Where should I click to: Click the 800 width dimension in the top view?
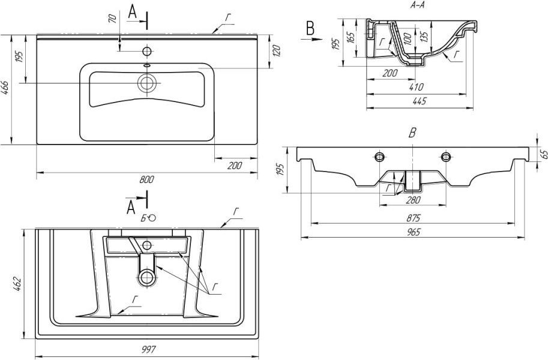(x=147, y=179)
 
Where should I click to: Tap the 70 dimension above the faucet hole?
(x=112, y=19)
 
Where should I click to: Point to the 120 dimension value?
(x=277, y=52)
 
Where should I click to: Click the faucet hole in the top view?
(x=147, y=52)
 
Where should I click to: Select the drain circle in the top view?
(x=147, y=83)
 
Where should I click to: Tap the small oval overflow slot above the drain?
(x=147, y=65)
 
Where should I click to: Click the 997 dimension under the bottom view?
(x=147, y=349)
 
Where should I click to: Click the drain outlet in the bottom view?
(x=146, y=278)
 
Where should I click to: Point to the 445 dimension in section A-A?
(x=420, y=101)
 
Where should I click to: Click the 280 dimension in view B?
(x=414, y=200)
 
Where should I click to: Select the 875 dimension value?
(x=413, y=218)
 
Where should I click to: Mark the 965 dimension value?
(x=414, y=232)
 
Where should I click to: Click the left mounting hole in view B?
(x=380, y=157)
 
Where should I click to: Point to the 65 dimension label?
(x=543, y=154)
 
